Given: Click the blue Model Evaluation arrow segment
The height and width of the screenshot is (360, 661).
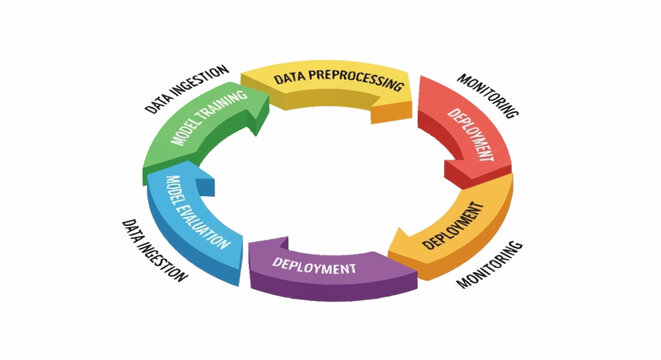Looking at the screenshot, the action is (x=190, y=220).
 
